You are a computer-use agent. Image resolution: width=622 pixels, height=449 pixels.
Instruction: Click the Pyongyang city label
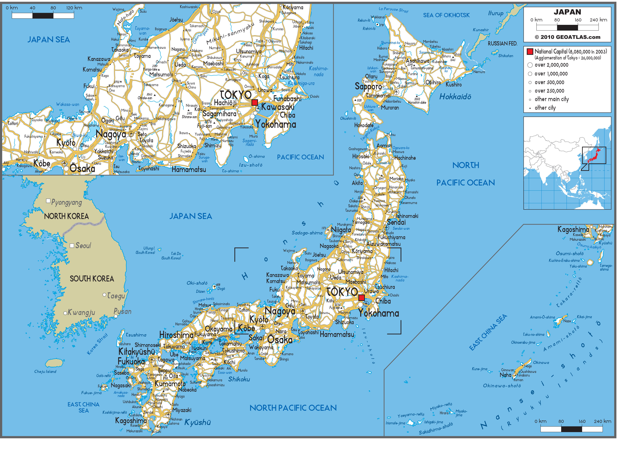66,203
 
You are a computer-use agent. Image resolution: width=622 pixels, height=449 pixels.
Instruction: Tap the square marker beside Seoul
72,246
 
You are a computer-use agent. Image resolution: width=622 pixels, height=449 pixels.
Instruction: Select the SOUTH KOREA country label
92,279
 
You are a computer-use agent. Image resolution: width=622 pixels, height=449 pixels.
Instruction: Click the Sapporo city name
368,87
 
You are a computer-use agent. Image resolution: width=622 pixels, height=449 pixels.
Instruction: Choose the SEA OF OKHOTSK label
446,15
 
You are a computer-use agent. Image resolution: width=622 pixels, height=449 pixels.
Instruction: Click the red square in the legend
530,51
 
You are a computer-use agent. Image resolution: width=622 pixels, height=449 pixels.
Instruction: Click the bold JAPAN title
567,12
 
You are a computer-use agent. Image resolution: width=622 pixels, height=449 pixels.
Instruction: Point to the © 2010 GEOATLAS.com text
567,37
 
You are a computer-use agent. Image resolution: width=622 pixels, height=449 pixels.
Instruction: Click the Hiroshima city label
176,335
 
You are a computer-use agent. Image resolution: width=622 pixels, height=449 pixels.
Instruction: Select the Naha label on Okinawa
505,375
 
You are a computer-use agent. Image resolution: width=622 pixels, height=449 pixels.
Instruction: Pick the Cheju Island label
45,372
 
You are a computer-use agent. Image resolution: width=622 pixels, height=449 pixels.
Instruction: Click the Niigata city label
341,230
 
